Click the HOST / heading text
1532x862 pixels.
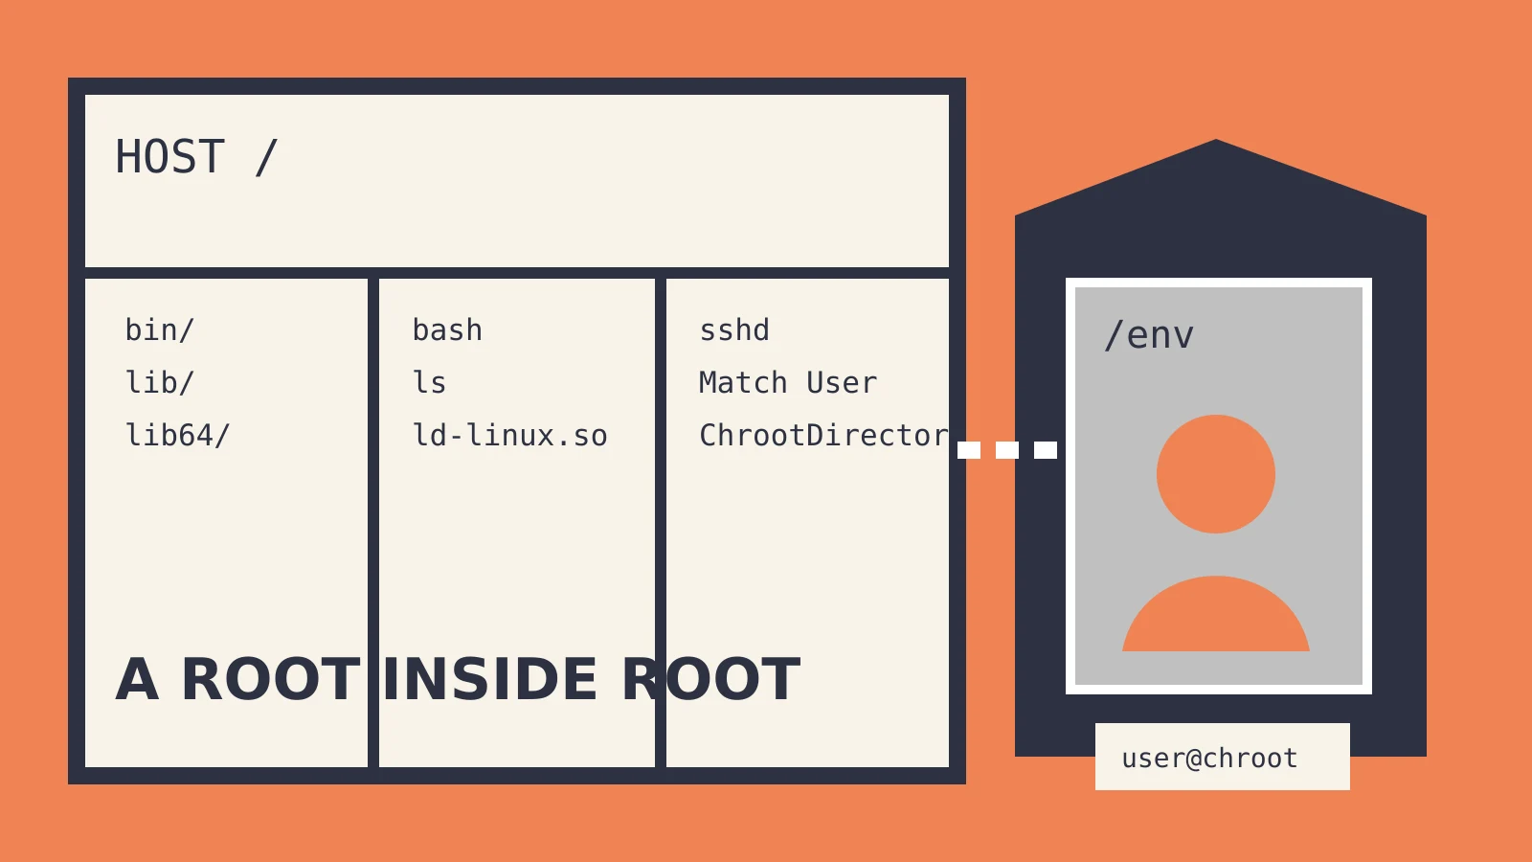(196, 157)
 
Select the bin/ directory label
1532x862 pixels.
(160, 330)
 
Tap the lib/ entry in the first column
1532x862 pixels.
(160, 382)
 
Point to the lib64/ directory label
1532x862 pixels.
(178, 435)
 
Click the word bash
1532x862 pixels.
(447, 330)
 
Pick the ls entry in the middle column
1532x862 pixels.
(430, 382)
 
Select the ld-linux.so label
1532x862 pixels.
(510, 435)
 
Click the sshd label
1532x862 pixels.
(734, 330)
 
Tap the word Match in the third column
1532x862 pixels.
(743, 382)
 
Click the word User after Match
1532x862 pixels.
(842, 382)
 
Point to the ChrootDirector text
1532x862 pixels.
(824, 435)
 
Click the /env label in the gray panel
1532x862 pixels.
(1150, 335)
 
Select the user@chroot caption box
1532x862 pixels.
(1222, 757)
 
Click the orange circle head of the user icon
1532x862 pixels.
(1216, 474)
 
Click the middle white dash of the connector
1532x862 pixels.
(1007, 450)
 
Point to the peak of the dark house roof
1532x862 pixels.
(1216, 140)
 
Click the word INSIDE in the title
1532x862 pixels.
(489, 679)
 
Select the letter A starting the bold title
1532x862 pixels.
(138, 679)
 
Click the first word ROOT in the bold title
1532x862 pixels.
(271, 679)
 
